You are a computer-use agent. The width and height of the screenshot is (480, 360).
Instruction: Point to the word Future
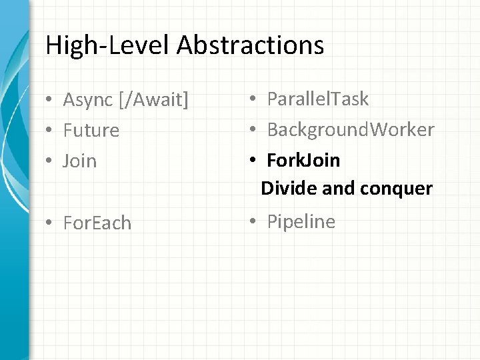click(91, 130)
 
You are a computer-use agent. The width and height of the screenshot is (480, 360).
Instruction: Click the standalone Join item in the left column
click(80, 161)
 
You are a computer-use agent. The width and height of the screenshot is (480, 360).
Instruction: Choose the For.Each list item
click(97, 223)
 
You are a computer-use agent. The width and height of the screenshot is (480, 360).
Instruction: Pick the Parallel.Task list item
click(317, 99)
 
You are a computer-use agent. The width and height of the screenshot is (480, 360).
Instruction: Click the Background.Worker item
click(350, 129)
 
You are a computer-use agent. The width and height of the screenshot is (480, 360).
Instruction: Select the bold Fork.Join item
click(303, 160)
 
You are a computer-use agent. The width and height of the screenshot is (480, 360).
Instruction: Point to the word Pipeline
click(301, 221)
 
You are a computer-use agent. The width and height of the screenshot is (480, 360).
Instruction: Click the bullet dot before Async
click(50, 101)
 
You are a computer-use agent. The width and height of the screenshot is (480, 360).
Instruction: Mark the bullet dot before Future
click(50, 131)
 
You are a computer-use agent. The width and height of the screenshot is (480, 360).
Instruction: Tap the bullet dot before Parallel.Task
click(254, 100)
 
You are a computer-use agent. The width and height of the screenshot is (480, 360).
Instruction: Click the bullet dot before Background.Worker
click(254, 130)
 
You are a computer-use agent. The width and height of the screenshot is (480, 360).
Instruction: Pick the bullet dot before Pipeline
click(254, 222)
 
